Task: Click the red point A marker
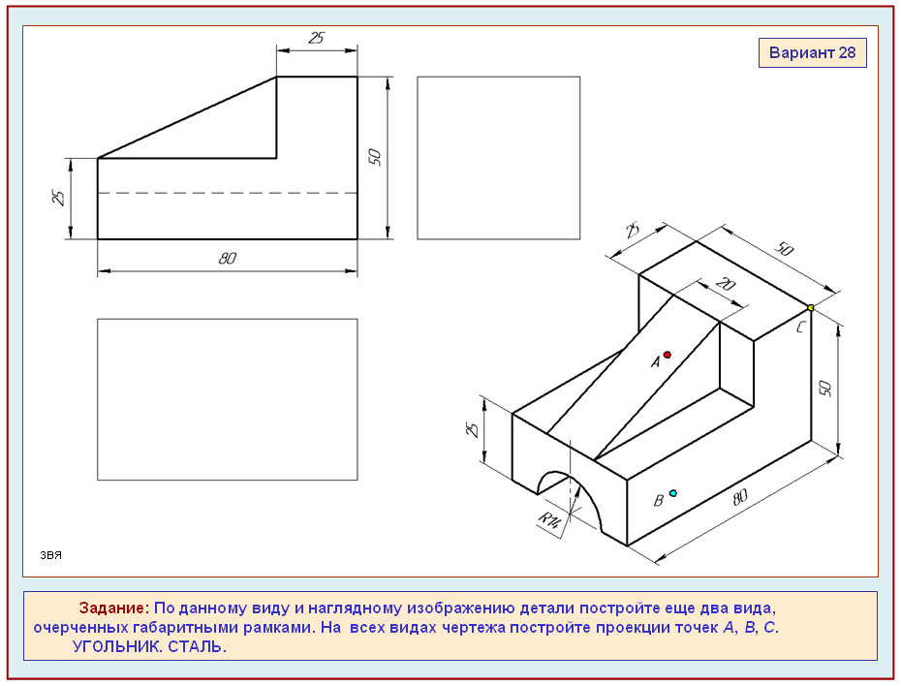(x=668, y=355)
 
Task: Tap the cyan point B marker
(x=673, y=493)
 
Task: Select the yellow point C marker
(x=811, y=308)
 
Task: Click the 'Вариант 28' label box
(x=813, y=53)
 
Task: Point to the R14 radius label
(x=549, y=520)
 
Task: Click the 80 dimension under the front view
(x=228, y=259)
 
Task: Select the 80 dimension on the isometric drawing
(x=740, y=497)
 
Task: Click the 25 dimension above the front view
(x=317, y=38)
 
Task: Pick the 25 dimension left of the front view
(x=58, y=198)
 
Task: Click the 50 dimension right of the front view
(x=375, y=157)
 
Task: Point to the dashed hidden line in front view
(x=228, y=193)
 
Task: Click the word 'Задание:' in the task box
(x=113, y=608)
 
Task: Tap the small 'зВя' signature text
(x=50, y=555)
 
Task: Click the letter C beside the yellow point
(x=801, y=327)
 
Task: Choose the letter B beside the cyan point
(x=659, y=500)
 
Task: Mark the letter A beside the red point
(x=655, y=362)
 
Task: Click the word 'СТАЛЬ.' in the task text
(x=197, y=646)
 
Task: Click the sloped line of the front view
(x=187, y=117)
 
